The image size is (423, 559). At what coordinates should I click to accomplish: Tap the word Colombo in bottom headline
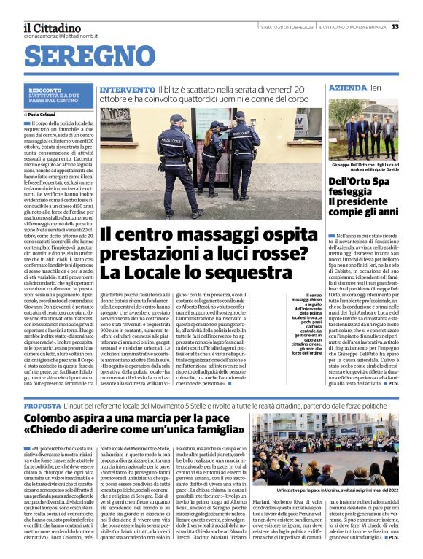(58, 419)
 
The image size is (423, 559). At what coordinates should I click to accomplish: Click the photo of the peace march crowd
(325, 449)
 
